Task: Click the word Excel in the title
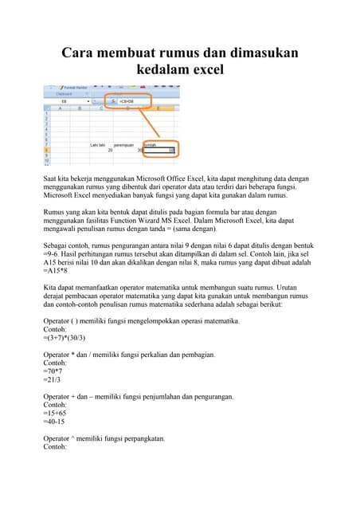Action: pos(205,69)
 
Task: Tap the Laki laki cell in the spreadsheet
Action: pos(98,144)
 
